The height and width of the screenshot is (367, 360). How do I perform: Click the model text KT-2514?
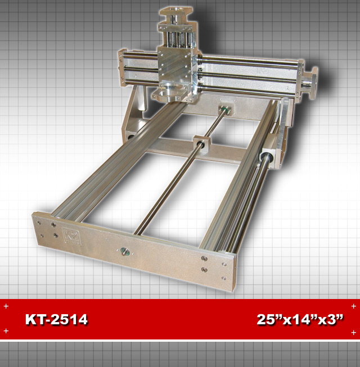[x=56, y=319]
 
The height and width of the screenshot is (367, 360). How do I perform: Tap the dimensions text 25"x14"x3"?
[x=300, y=319]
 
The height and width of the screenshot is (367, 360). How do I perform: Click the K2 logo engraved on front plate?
[x=72, y=237]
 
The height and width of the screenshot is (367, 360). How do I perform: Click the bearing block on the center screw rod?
[x=201, y=144]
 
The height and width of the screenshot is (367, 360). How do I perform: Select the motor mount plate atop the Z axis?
[x=175, y=12]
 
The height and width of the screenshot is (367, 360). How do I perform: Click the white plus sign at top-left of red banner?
[x=6, y=306]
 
